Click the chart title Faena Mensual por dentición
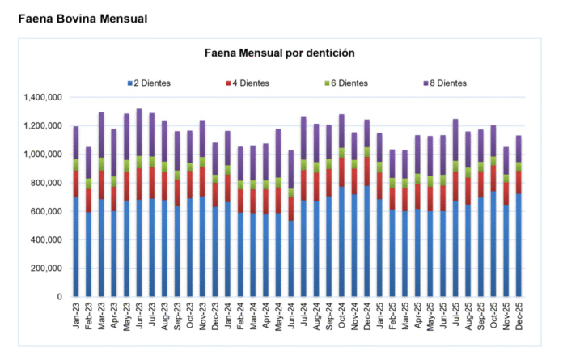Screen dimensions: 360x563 point(278,53)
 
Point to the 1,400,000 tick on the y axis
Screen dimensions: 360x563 point(41,98)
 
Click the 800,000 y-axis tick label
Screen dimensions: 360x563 point(45,183)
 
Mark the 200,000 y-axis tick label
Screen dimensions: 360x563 point(45,269)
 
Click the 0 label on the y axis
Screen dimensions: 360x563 point(60,297)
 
